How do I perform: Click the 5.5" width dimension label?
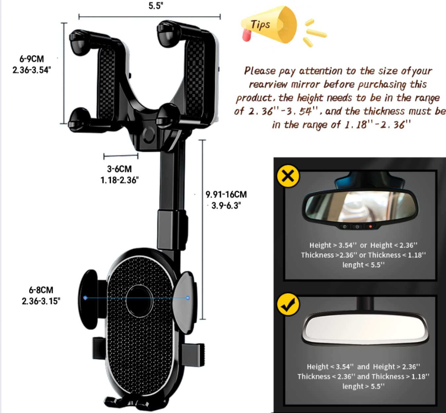tap(156, 6)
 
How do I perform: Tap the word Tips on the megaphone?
tap(260, 24)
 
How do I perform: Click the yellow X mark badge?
tap(288, 176)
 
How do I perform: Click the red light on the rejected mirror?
tap(371, 227)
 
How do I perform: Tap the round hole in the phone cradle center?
tap(139, 301)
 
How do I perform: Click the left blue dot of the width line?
tap(85, 298)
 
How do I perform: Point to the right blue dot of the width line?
tap(188, 298)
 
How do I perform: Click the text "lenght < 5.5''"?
tap(363, 265)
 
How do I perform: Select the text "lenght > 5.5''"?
tap(363, 386)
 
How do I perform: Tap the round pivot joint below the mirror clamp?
tap(148, 135)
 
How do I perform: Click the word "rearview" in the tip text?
tap(268, 85)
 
